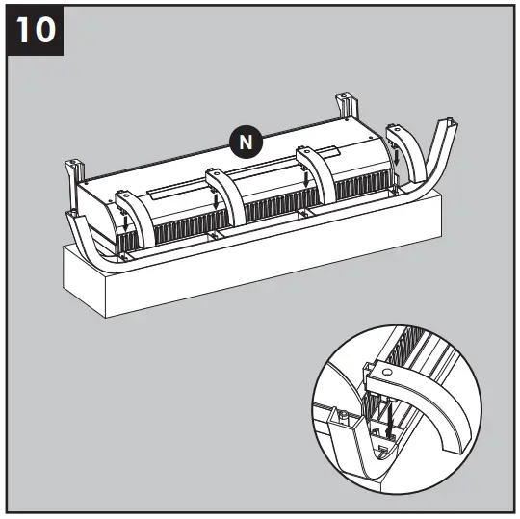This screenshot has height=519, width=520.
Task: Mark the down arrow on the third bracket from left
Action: pyautogui.click(x=306, y=178)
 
